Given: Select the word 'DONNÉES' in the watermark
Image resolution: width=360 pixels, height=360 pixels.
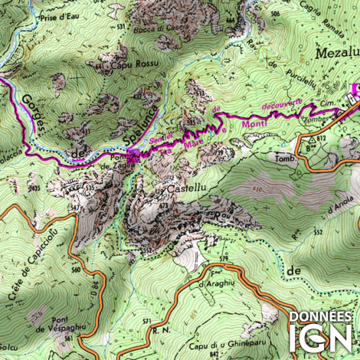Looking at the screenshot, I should [319, 315].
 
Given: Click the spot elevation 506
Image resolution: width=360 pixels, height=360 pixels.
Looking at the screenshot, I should [275, 14].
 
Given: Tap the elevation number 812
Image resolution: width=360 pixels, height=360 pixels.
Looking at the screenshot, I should [322, 139].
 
